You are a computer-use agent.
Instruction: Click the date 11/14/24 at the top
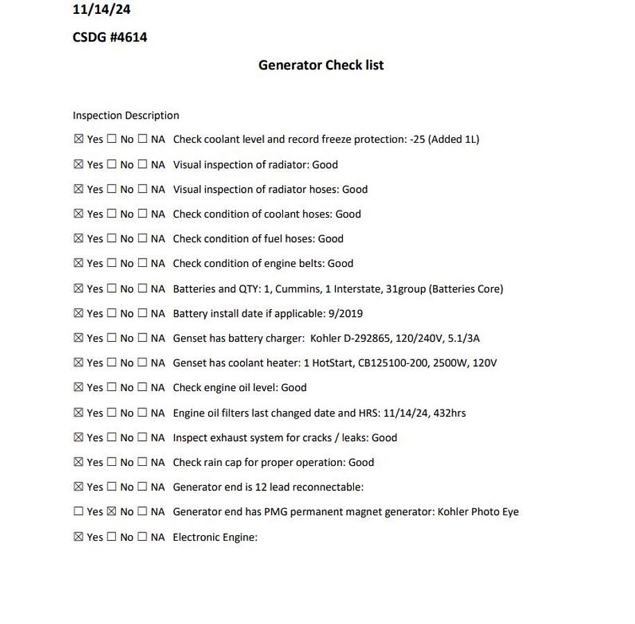point(101,10)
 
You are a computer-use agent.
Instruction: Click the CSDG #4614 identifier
point(110,37)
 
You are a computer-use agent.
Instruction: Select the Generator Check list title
point(321,65)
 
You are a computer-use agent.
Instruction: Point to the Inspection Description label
point(126,116)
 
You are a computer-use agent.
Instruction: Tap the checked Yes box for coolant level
point(78,139)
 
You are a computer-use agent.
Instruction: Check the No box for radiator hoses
point(112,189)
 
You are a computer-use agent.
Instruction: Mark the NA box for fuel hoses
point(142,239)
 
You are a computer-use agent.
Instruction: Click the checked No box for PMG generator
point(112,512)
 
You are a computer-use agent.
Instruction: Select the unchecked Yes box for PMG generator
point(78,512)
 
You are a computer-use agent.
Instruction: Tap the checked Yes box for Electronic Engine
point(78,537)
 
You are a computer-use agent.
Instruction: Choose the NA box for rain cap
point(142,462)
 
